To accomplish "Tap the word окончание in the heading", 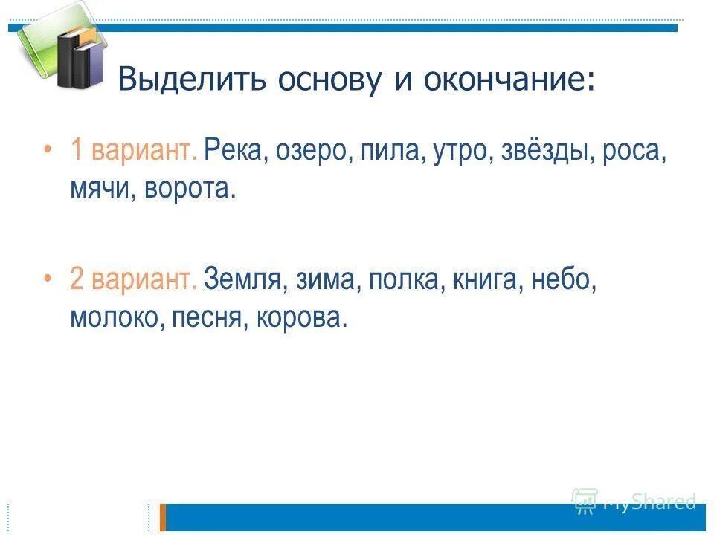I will [508, 80].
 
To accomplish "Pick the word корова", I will [301, 318].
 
